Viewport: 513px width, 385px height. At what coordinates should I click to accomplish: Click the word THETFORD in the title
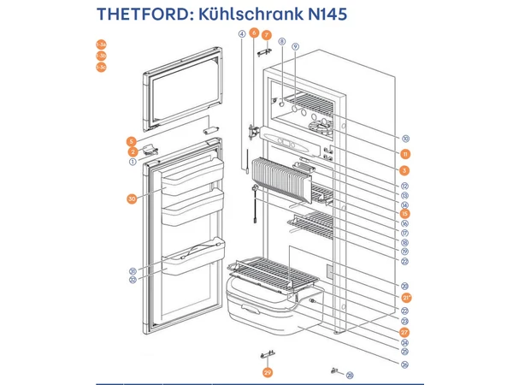(145, 15)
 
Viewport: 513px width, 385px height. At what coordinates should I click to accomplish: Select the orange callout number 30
(132, 199)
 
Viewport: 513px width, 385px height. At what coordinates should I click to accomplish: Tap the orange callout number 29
(267, 372)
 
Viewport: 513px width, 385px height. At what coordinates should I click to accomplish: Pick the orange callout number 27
(405, 331)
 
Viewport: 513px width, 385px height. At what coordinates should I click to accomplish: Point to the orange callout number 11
(405, 153)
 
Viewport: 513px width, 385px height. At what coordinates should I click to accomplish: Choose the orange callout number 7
(266, 35)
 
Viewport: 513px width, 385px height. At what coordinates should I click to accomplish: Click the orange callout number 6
(254, 33)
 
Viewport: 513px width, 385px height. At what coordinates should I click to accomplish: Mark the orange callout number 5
(132, 140)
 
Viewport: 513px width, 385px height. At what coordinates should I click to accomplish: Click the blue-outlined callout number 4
(242, 34)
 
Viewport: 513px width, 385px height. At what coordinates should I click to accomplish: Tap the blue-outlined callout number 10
(405, 139)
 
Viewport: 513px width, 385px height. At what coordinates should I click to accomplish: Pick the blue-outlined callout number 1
(133, 161)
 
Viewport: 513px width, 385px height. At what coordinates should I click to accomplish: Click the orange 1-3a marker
(101, 43)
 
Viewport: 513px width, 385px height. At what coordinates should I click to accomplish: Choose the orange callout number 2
(133, 151)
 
